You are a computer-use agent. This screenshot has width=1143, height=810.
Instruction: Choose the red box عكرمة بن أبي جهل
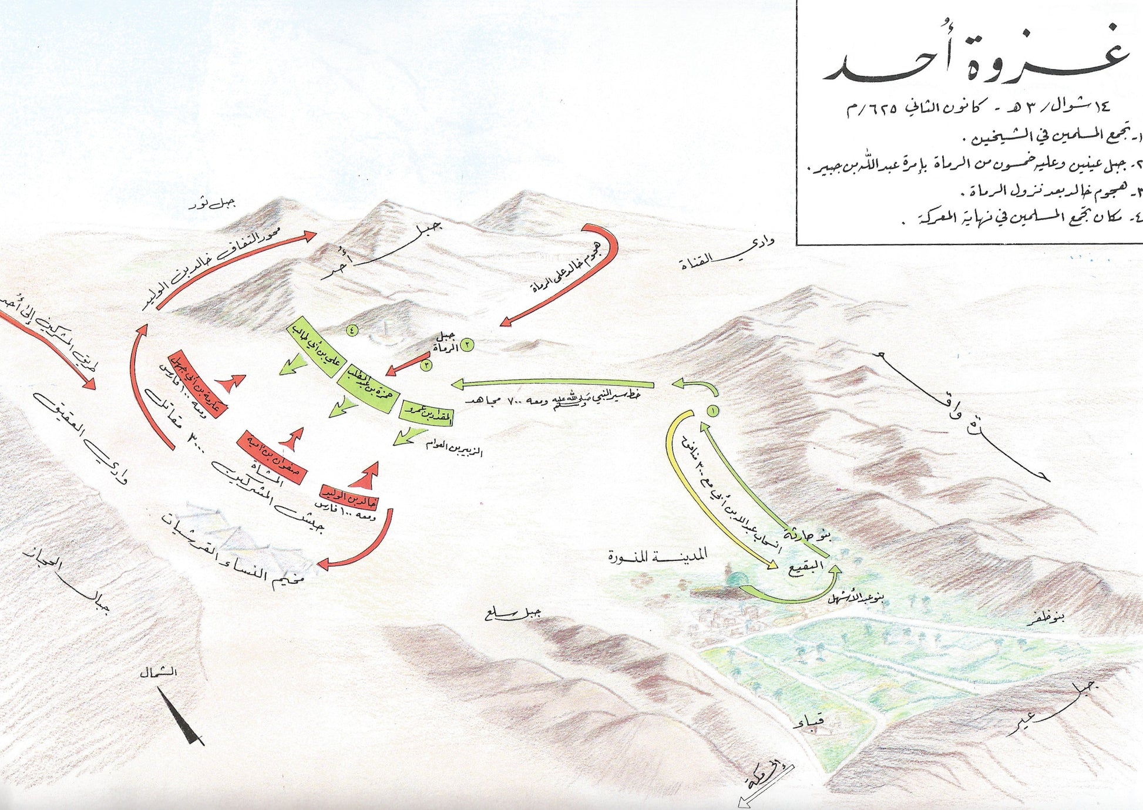click(x=197, y=384)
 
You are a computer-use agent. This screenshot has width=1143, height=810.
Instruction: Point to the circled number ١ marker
click(x=713, y=411)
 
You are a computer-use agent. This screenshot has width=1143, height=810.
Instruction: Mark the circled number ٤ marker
click(x=352, y=330)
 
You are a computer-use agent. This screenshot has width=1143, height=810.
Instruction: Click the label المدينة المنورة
click(x=658, y=554)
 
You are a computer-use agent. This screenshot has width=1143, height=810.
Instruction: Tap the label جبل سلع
click(x=513, y=614)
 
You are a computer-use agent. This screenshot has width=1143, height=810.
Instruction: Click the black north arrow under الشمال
click(x=183, y=717)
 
